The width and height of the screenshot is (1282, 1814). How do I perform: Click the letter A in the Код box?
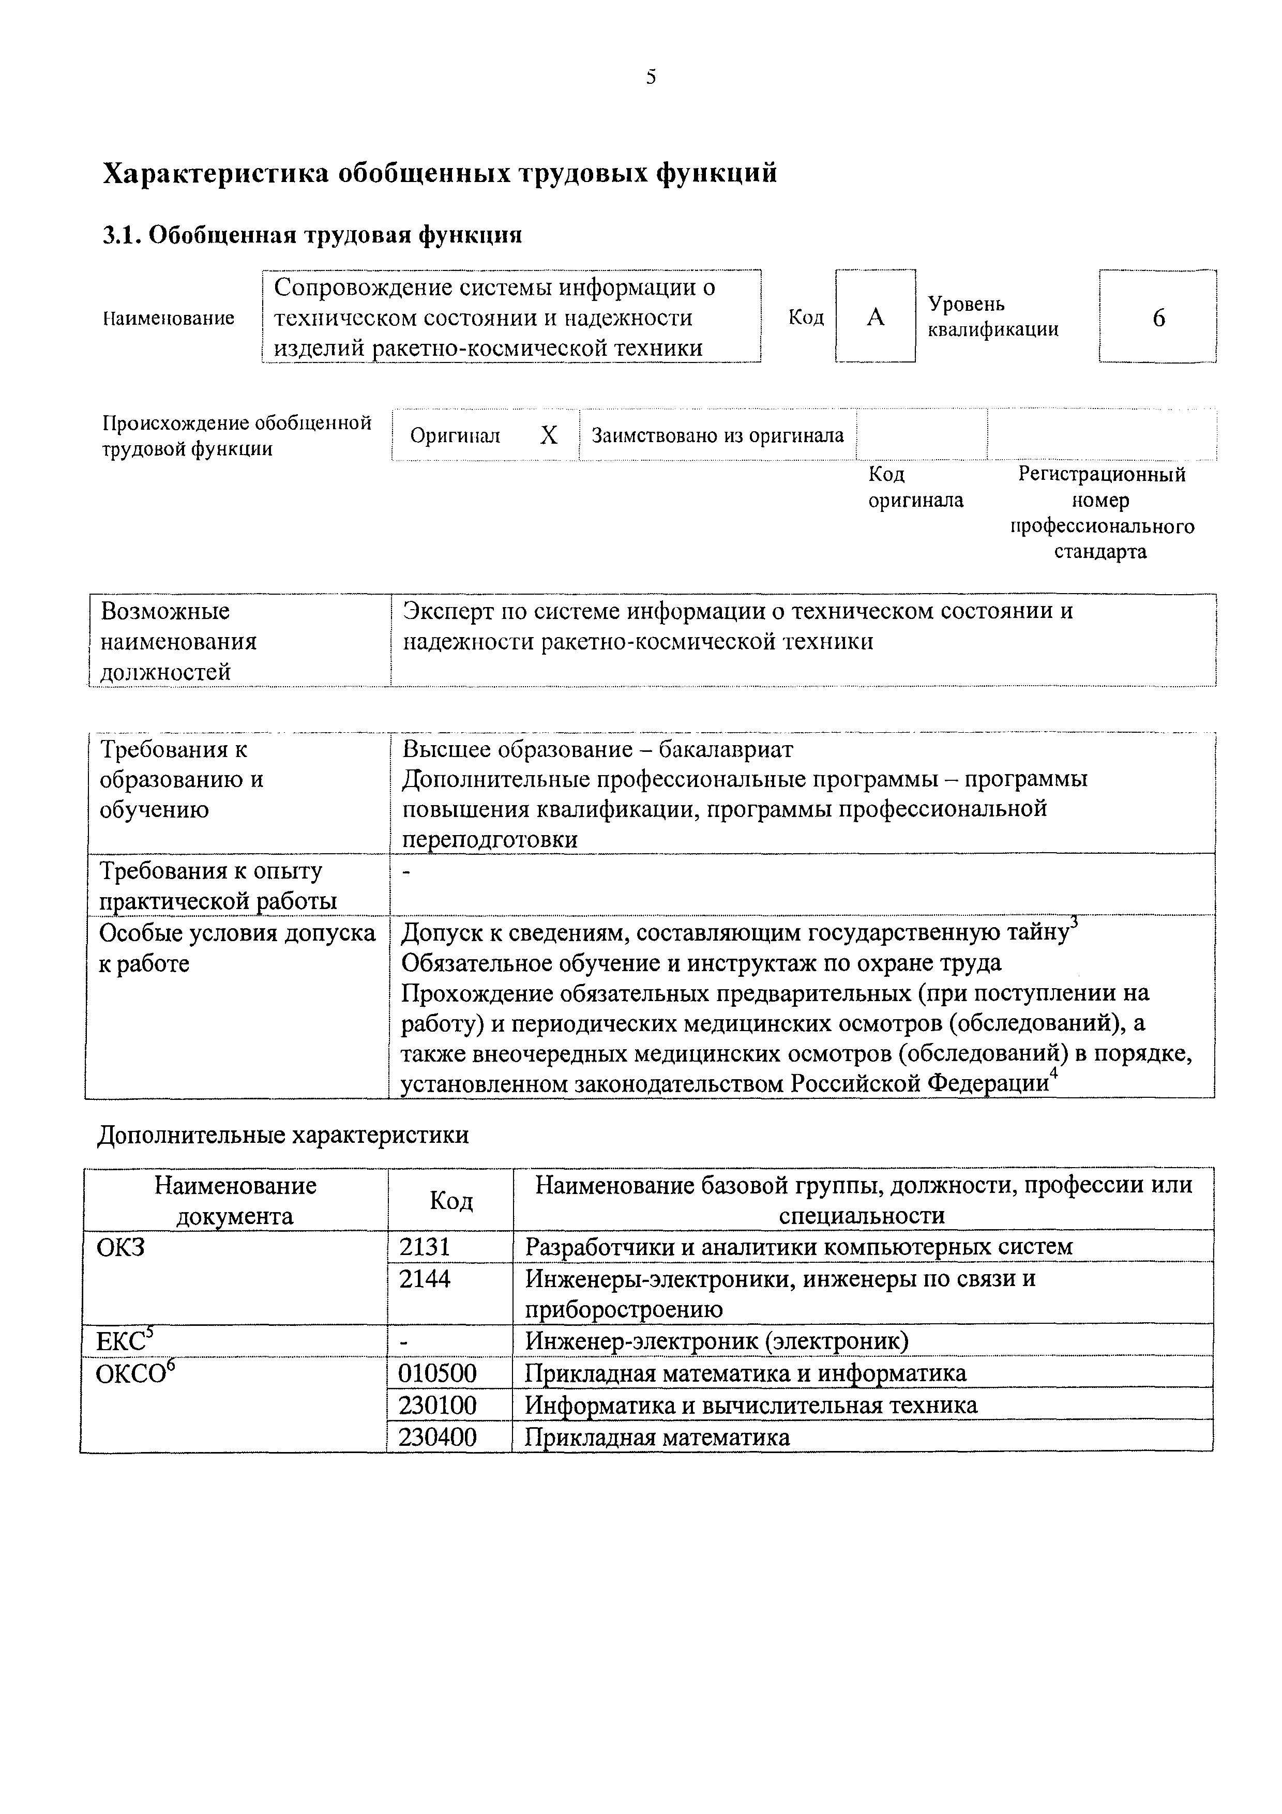click(x=875, y=318)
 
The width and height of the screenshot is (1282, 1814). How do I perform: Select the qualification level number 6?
click(x=1158, y=318)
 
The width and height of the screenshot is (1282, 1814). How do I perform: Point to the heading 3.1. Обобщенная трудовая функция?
click(x=313, y=235)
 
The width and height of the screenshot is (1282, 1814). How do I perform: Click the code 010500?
click(x=437, y=1373)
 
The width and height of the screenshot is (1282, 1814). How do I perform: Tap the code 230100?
click(x=437, y=1405)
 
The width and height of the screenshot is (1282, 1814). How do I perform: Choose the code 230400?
click(x=437, y=1437)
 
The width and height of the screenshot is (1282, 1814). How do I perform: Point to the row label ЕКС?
click(x=124, y=1341)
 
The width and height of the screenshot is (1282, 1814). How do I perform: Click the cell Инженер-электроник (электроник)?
click(x=716, y=1341)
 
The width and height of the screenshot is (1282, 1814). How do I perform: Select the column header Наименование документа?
click(x=235, y=1200)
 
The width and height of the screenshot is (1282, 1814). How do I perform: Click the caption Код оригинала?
click(x=915, y=487)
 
